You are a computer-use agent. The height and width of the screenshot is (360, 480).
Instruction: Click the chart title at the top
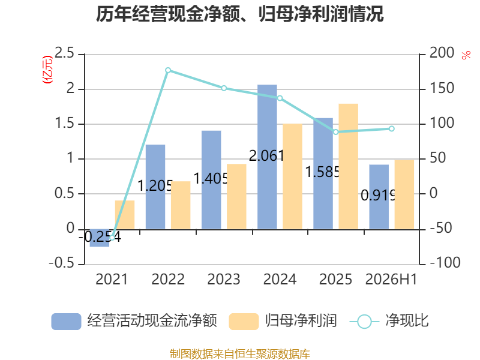239,14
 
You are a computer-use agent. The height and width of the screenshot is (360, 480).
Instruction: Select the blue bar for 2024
267,157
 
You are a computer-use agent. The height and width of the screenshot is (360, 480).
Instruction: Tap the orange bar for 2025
348,166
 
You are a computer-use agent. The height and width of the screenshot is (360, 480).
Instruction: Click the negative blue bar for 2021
100,238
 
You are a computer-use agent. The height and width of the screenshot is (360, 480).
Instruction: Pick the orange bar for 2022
181,205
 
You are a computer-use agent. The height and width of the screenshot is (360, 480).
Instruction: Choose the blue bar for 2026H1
379,197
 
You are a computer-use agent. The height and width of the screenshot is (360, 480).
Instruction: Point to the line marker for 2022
168,70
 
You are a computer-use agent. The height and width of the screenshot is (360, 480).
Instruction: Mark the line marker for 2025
336,132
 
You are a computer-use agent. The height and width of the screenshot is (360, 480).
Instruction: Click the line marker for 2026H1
392,129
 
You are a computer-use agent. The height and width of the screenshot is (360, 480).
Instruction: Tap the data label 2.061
266,156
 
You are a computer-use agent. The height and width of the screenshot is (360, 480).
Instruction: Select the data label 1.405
211,178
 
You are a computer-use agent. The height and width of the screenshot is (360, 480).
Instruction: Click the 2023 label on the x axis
224,279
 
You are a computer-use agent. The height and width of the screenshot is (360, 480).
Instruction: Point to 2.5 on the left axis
64,53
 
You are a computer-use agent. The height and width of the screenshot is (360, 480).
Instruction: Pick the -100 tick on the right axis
445,263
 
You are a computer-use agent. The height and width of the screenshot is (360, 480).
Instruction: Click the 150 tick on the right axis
442,88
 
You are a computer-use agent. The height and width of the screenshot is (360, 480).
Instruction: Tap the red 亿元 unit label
47,70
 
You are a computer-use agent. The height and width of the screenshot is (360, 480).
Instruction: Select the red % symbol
466,55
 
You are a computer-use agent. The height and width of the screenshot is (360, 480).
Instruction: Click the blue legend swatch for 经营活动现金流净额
66,322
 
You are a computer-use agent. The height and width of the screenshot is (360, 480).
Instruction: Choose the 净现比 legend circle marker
364,322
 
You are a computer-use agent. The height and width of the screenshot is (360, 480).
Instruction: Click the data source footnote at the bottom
240,354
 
